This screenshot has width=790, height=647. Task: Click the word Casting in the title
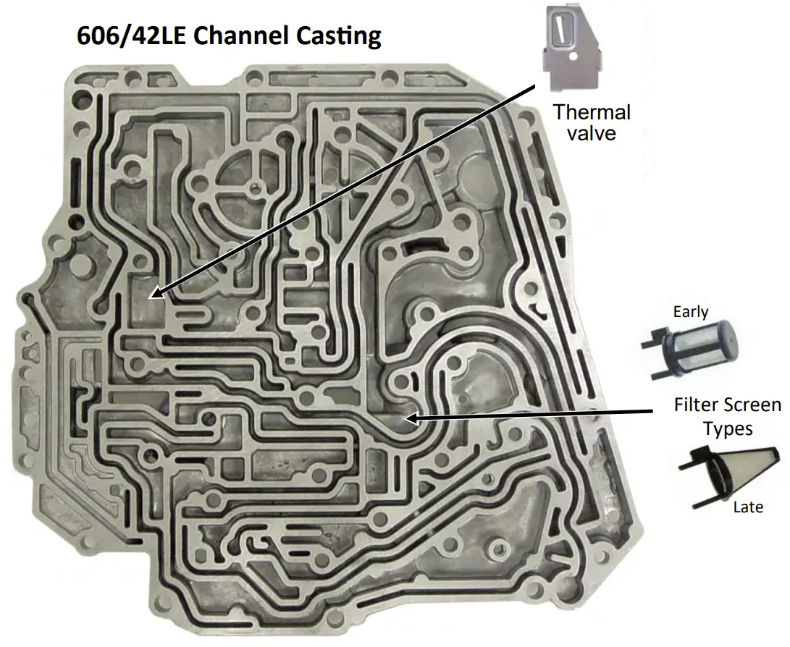(x=340, y=36)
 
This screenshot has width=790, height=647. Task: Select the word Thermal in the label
(x=592, y=112)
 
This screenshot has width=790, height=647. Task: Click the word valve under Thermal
(x=592, y=133)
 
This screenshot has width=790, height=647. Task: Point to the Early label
(x=690, y=313)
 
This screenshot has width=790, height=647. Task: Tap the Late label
(x=748, y=507)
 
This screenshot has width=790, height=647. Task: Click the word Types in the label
(x=728, y=428)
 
